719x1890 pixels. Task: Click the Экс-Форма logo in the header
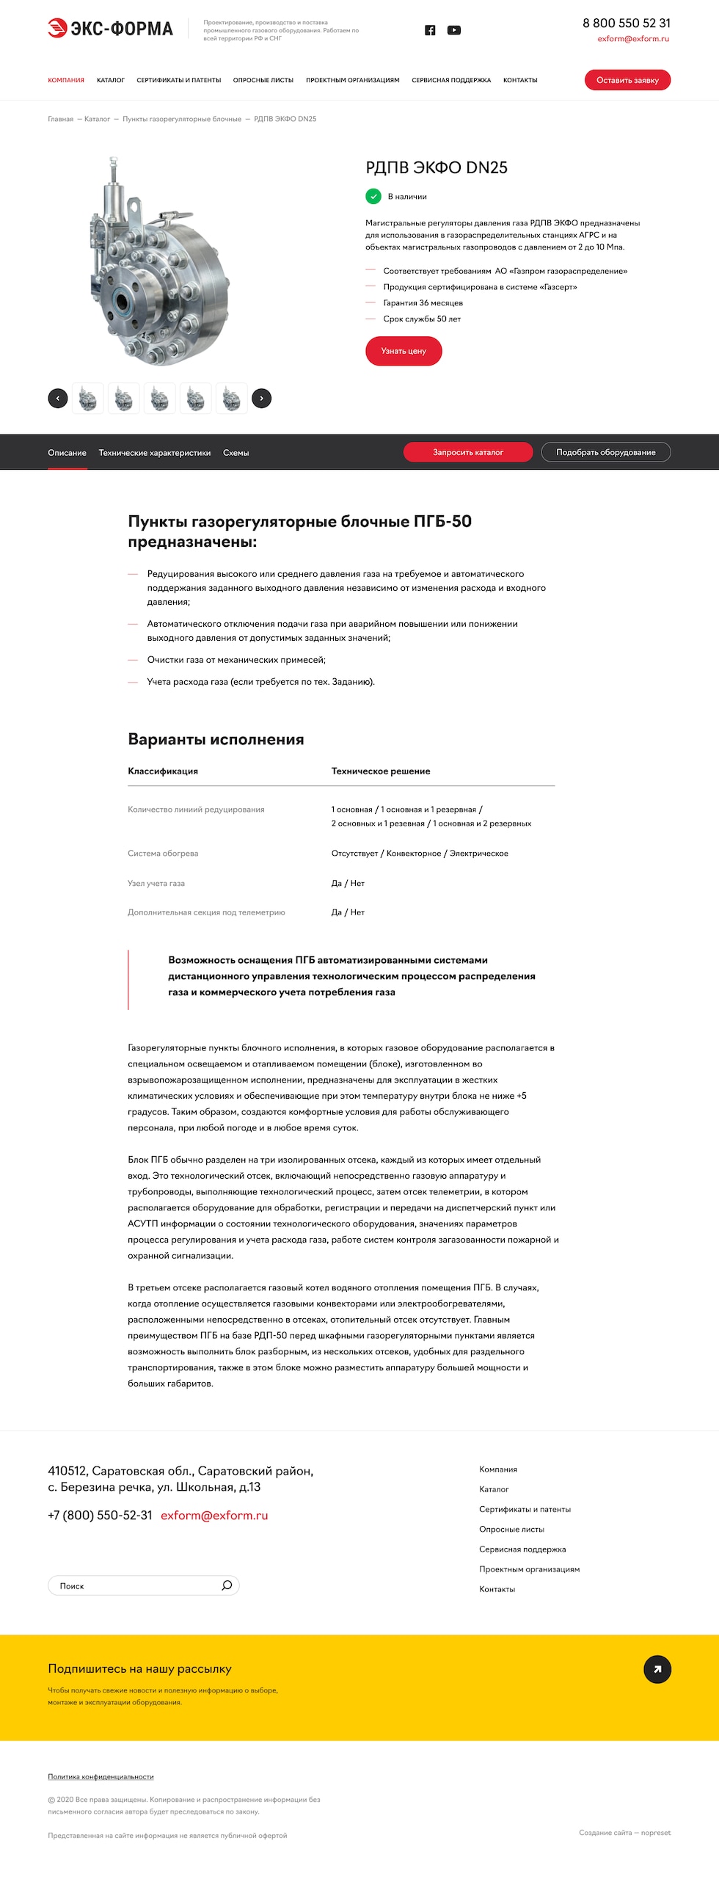pos(110,29)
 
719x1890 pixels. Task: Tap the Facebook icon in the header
pos(430,30)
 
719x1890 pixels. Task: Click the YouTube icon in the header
pos(454,30)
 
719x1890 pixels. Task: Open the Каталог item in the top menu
pos(111,80)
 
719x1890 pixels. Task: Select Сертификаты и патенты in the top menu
pos(178,80)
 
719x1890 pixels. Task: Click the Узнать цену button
pos(404,351)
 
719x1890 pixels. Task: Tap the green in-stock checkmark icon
pos(373,196)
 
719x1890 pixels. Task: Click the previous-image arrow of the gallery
pos(58,398)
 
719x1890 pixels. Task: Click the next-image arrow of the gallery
pos(261,398)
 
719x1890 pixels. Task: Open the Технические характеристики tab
pos(155,453)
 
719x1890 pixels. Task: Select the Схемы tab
pos(236,453)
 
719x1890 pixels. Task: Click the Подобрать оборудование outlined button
pos(605,452)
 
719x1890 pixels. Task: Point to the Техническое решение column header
pos(381,771)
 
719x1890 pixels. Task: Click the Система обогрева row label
pos(163,853)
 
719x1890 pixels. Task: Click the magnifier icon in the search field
pos(227,1585)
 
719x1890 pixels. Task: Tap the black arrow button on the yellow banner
pos(657,1669)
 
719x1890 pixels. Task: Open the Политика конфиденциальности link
pos(101,1776)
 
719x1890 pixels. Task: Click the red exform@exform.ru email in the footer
pos(214,1515)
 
